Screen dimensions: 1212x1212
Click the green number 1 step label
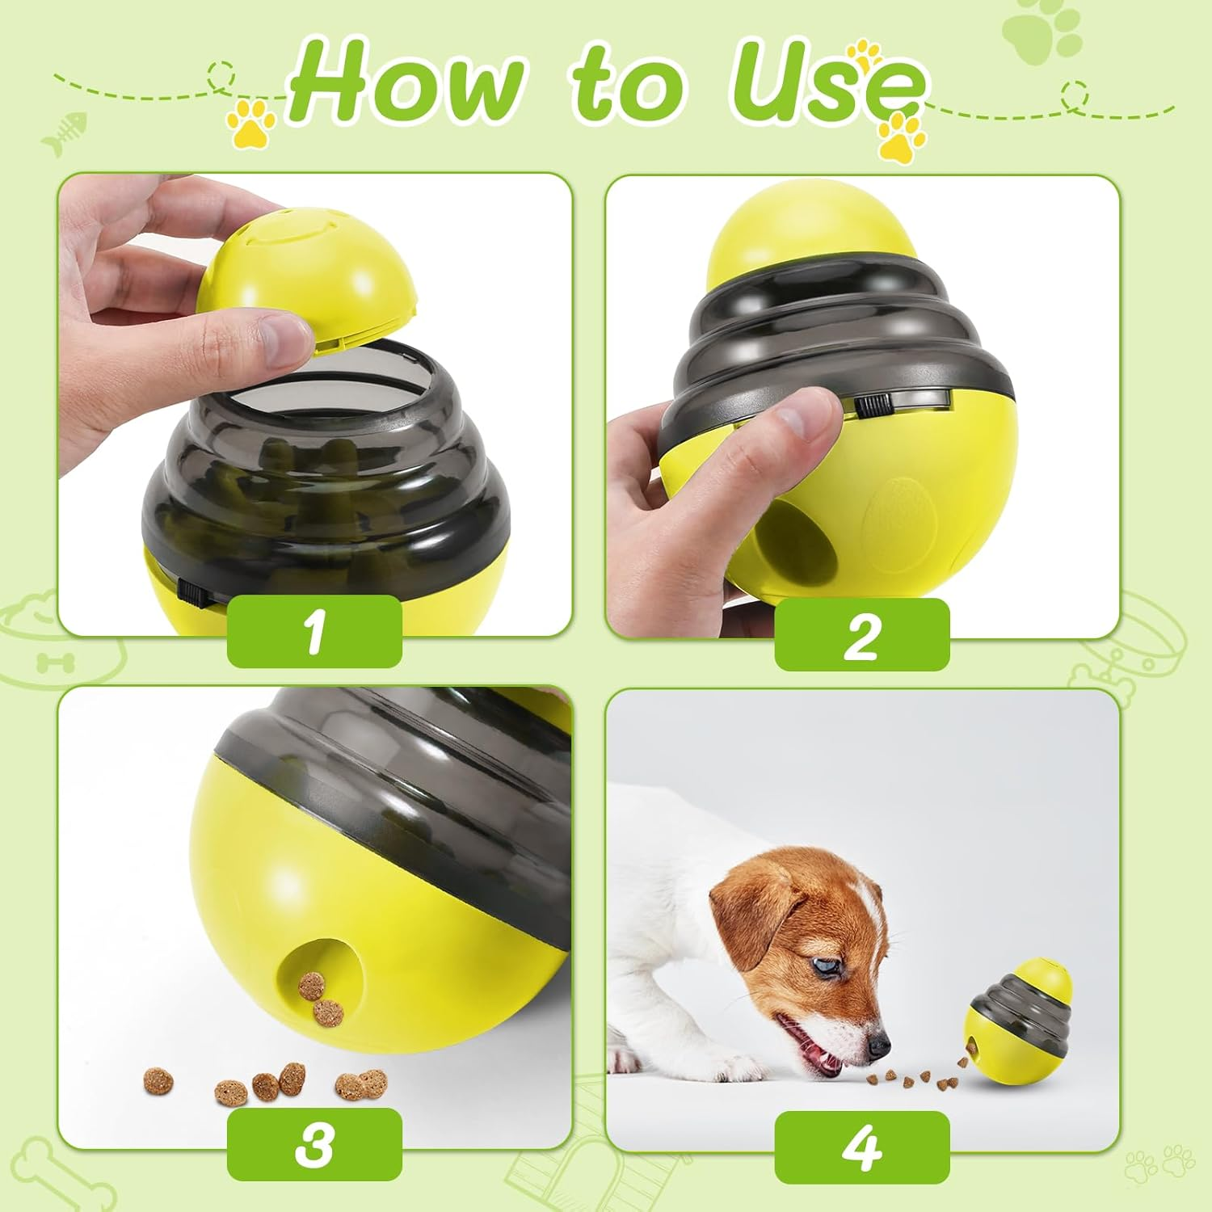(x=314, y=631)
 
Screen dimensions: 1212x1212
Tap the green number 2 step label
(x=861, y=635)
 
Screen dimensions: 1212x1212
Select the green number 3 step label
(x=314, y=1144)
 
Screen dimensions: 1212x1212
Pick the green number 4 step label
(x=861, y=1147)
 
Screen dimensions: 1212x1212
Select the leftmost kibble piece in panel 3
(x=158, y=1081)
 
